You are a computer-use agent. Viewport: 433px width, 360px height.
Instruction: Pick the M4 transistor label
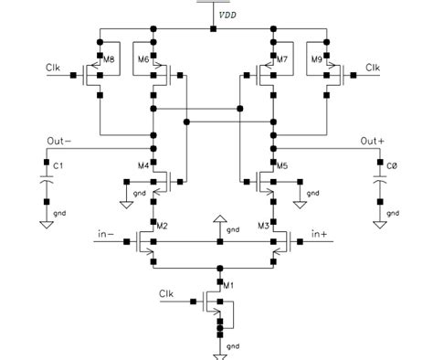(x=143, y=165)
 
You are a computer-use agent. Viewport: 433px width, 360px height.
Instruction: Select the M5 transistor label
(x=282, y=165)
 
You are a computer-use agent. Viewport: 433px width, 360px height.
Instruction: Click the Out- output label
(x=58, y=140)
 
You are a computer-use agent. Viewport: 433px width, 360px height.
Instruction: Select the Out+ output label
(x=373, y=140)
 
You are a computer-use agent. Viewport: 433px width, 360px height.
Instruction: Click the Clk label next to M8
(x=55, y=68)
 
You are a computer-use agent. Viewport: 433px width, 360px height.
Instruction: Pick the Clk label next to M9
(x=374, y=68)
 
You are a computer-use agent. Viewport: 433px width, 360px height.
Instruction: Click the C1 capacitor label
(x=58, y=166)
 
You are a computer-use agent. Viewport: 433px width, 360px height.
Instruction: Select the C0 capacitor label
(x=391, y=166)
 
